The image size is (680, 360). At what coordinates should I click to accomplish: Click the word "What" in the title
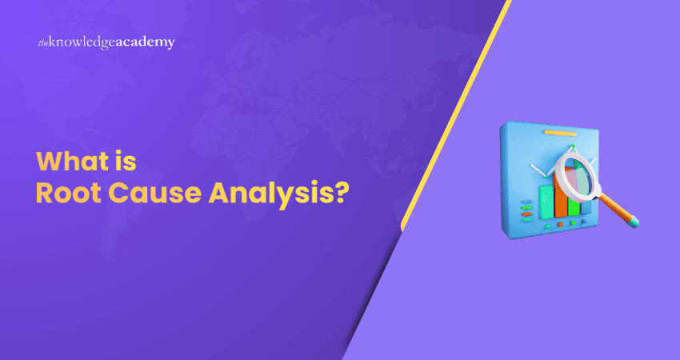coord(67,162)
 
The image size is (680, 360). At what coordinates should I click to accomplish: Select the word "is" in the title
coord(127,162)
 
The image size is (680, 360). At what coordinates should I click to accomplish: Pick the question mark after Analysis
coord(340,194)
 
